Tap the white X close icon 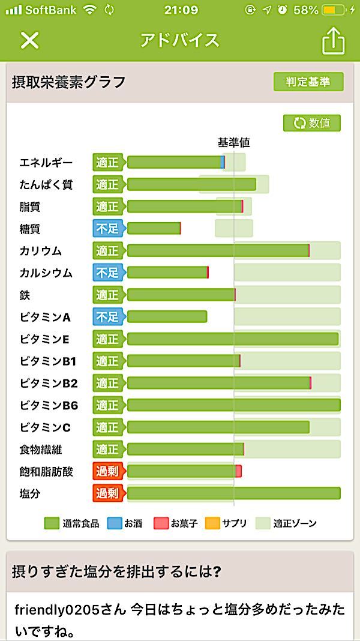tap(29, 40)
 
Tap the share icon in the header tap(334, 41)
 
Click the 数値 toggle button tap(312, 123)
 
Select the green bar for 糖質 tap(154, 228)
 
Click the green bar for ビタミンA tap(167, 316)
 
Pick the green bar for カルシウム tap(167, 272)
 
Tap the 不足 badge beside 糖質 tap(107, 229)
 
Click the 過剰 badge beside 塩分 tap(107, 493)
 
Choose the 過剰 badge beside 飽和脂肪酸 tap(107, 471)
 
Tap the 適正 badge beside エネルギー tap(107, 163)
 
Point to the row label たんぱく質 tap(46, 185)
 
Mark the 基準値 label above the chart tap(233, 143)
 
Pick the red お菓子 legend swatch tap(161, 523)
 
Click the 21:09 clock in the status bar tap(181, 10)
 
